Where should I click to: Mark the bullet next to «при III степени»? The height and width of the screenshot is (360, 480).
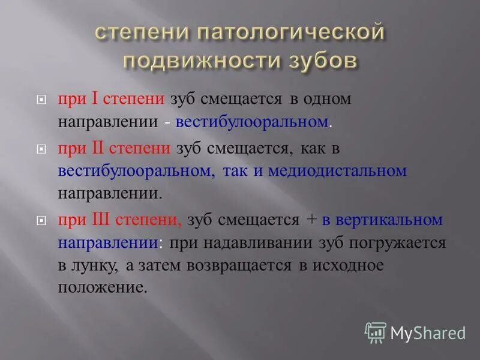pyautogui.click(x=41, y=220)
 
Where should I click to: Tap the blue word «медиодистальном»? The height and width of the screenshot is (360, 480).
pyautogui.click(x=337, y=171)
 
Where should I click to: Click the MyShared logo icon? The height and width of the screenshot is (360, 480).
pyautogui.click(x=376, y=332)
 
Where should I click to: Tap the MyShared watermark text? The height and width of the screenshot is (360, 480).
pyautogui.click(x=428, y=332)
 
